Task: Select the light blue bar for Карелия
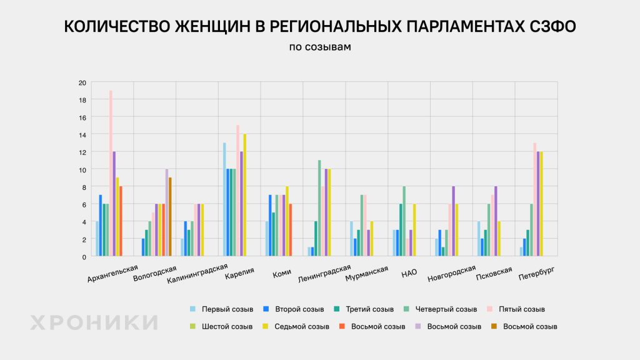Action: point(224,199)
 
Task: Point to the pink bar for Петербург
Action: point(534,199)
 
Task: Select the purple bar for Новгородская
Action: point(454,221)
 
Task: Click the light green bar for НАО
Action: point(404,221)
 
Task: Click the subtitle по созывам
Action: point(319,47)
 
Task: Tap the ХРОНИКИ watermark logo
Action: point(94,322)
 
